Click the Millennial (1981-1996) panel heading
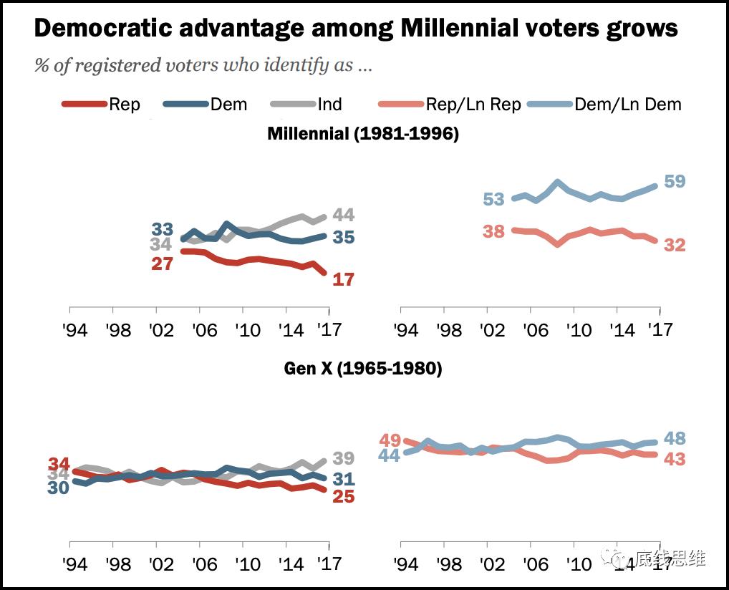click(x=363, y=134)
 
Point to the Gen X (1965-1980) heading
click(x=363, y=369)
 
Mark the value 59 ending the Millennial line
click(x=675, y=181)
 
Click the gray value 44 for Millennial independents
click(x=344, y=215)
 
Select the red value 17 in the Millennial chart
click(x=344, y=279)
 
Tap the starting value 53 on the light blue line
click(x=493, y=199)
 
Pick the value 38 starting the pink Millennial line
click(x=493, y=231)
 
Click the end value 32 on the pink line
click(x=675, y=245)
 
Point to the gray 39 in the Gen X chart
click(x=344, y=458)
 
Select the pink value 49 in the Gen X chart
click(x=390, y=440)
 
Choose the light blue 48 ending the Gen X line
click(x=675, y=438)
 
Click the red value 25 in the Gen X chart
click(x=344, y=495)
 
